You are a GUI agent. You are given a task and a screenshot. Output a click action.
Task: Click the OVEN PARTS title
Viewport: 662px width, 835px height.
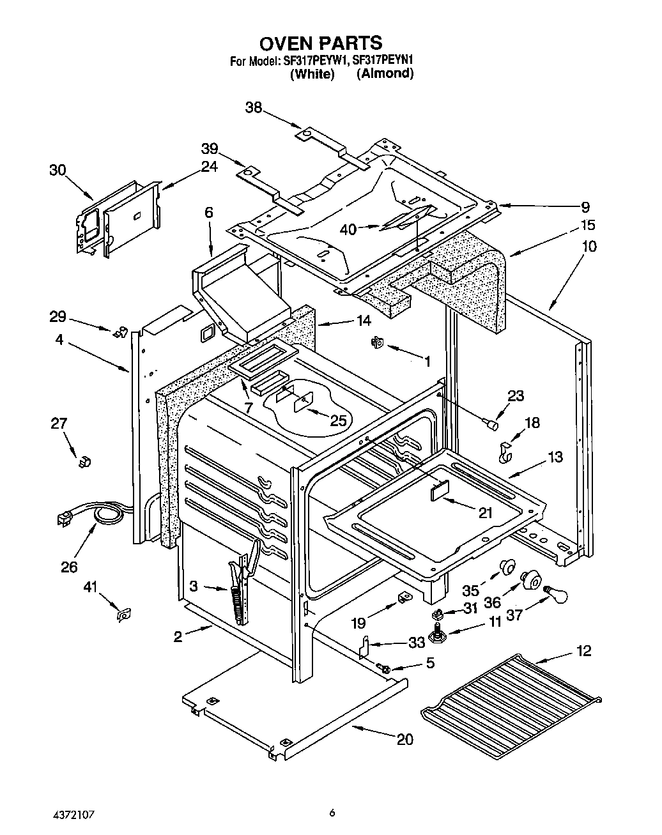point(321,43)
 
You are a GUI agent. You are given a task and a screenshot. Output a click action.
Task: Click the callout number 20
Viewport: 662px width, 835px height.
point(404,740)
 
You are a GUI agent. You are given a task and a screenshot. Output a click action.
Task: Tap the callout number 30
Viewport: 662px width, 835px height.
point(58,170)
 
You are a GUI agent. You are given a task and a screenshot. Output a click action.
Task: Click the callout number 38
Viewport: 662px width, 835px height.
point(254,108)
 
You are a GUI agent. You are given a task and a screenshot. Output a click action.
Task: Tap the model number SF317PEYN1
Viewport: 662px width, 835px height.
point(380,62)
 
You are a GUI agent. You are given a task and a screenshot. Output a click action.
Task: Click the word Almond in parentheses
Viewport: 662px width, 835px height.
point(385,73)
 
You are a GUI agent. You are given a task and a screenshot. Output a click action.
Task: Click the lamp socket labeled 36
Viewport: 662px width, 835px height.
point(529,579)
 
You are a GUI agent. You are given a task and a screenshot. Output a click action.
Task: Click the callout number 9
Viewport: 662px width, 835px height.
point(585,207)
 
